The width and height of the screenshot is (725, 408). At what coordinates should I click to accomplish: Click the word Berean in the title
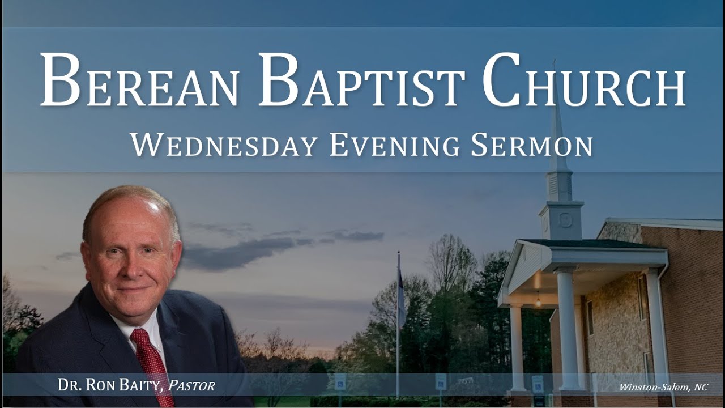pyautogui.click(x=139, y=80)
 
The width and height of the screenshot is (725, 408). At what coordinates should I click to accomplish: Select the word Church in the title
pyautogui.click(x=583, y=80)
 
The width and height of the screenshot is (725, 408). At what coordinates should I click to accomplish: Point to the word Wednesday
pyautogui.click(x=223, y=145)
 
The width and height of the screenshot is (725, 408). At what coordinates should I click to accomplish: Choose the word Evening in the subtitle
pyautogui.click(x=394, y=145)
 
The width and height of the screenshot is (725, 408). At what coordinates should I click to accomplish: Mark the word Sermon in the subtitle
pyautogui.click(x=531, y=145)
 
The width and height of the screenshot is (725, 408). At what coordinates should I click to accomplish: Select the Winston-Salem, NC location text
pyautogui.click(x=663, y=387)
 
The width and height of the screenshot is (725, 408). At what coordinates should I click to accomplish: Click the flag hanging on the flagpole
pyautogui.click(x=402, y=297)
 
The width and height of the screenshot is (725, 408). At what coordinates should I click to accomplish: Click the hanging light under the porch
pyautogui.click(x=538, y=301)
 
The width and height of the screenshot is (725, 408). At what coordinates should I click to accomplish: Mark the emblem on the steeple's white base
pyautogui.click(x=564, y=220)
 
